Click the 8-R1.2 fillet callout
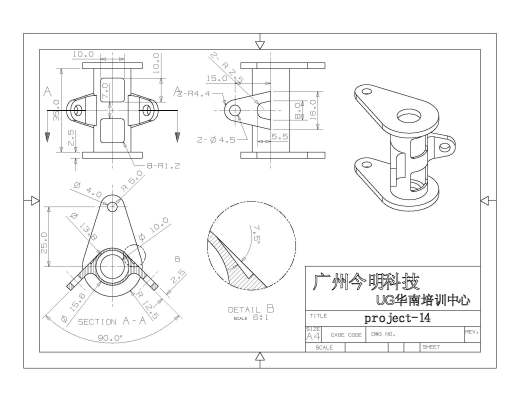pos(161,166)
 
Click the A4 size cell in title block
pos(312,337)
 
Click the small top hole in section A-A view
pos(112,208)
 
